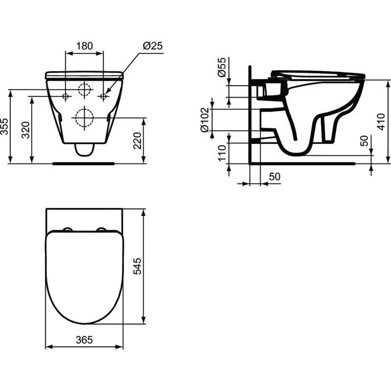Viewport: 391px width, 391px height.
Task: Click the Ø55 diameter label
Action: tap(221, 66)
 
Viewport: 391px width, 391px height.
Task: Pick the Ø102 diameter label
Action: tap(205, 119)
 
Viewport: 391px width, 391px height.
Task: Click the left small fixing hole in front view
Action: tap(65, 96)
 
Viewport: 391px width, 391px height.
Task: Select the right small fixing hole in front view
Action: tap(103, 96)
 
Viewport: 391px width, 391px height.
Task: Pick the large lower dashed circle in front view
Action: tap(84, 118)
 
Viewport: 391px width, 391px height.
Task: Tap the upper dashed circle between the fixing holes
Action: tap(85, 89)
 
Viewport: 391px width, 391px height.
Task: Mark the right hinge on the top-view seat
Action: tap(103, 229)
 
